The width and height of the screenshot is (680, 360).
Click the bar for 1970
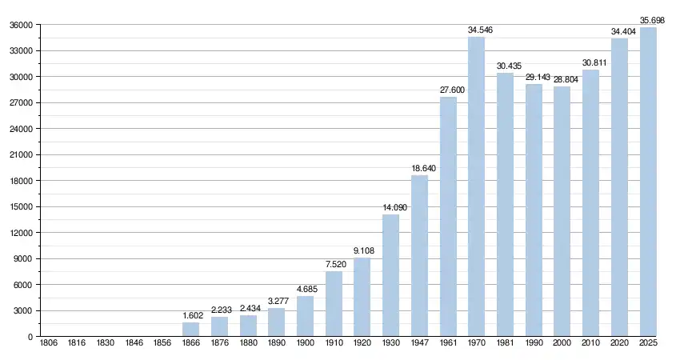click(477, 187)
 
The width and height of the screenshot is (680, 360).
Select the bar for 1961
click(448, 217)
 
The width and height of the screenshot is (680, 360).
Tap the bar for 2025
click(648, 182)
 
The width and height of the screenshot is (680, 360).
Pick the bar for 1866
click(191, 330)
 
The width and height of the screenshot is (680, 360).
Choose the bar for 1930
click(390, 276)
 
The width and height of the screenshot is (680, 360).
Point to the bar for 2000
click(562, 212)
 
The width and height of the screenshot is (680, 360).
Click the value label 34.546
click(477, 30)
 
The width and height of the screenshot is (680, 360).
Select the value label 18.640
click(419, 168)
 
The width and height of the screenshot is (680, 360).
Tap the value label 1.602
click(191, 315)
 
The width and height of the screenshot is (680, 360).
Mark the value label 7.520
click(334, 264)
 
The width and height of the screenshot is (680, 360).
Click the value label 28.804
click(562, 79)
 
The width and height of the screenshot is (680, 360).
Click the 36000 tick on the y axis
click(21, 25)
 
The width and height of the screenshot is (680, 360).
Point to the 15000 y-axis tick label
click(21, 207)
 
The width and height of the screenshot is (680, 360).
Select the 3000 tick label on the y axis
click(23, 311)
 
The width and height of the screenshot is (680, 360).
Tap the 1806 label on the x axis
click(49, 343)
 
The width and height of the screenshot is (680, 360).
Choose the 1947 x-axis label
click(419, 343)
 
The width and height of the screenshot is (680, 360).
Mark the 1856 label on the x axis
click(162, 343)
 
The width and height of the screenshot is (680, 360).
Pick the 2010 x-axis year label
click(590, 343)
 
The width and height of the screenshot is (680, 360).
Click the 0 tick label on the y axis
click(30, 337)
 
